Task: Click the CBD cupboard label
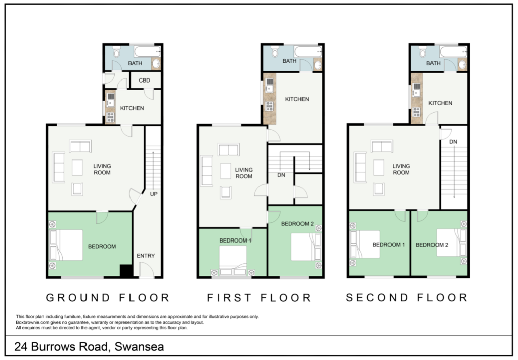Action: [x=144, y=80]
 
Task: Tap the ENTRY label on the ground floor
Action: [x=146, y=256]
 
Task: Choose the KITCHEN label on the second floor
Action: [x=440, y=103]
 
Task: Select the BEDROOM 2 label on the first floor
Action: [x=297, y=224]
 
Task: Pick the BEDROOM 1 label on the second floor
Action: [x=388, y=245]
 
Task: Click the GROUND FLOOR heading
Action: [x=108, y=298]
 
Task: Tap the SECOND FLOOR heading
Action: [x=407, y=298]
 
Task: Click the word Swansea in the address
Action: [x=140, y=347]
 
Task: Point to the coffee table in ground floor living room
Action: [x=77, y=168]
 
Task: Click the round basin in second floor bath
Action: [x=462, y=64]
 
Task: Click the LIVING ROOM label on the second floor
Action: [x=401, y=169]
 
